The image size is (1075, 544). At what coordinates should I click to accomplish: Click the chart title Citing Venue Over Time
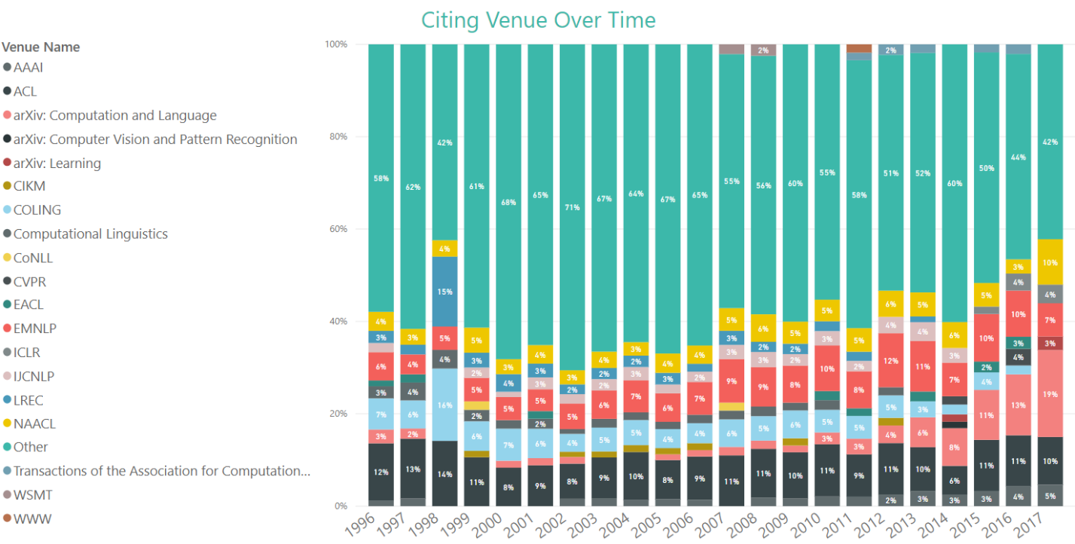[538, 20]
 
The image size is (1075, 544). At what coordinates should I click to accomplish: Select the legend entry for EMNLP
[35, 329]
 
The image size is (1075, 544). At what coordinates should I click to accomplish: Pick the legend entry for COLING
[37, 210]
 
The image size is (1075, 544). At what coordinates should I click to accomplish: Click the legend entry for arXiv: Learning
[56, 164]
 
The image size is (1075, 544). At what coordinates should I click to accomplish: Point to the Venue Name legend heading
[41, 47]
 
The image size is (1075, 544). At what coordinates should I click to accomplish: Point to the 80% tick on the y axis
[336, 136]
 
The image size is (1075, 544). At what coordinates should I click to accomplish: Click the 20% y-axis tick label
[336, 414]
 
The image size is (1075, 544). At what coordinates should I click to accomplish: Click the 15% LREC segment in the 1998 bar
[444, 292]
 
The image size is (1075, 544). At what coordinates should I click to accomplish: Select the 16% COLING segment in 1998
[444, 405]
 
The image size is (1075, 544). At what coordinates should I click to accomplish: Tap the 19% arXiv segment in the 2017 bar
[1050, 393]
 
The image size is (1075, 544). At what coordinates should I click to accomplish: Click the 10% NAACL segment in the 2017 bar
[1050, 262]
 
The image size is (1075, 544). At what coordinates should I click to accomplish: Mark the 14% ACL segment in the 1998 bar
[444, 474]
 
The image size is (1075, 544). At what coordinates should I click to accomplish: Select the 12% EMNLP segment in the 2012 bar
[891, 360]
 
